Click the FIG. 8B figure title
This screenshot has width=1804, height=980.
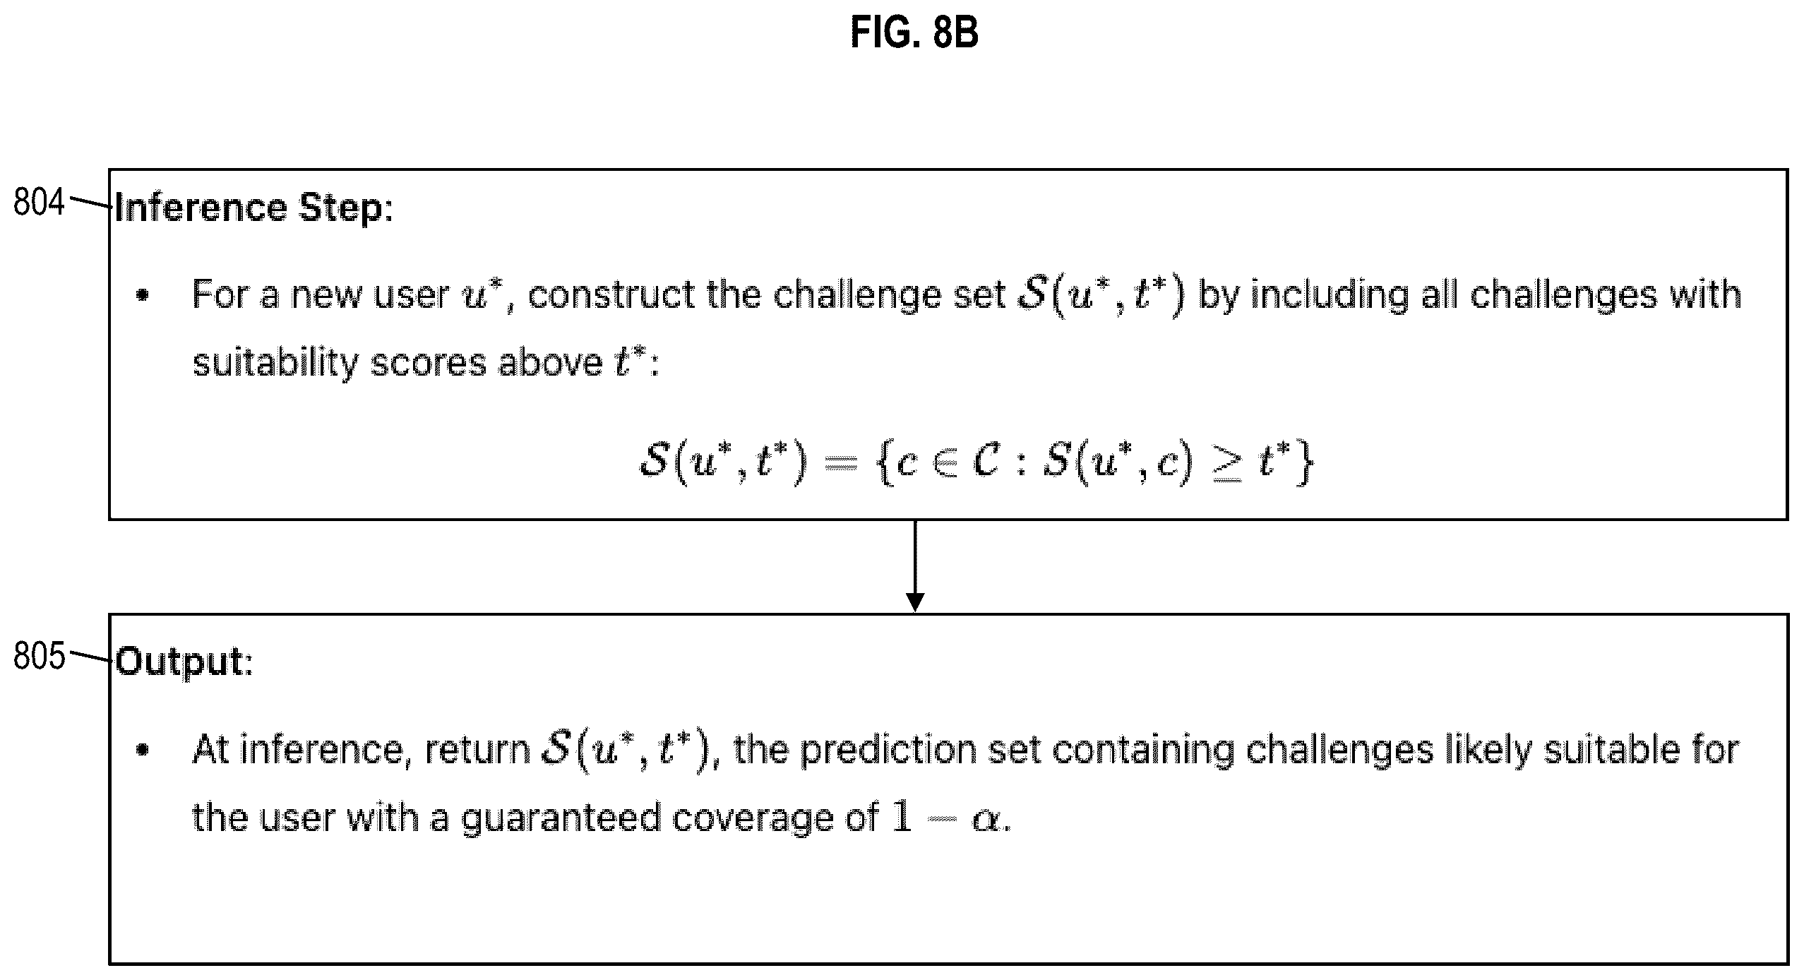point(914,33)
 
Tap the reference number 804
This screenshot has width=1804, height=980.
point(40,203)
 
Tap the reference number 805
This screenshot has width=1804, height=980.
point(40,656)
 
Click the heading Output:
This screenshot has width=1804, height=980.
point(184,662)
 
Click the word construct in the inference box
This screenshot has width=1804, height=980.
point(611,294)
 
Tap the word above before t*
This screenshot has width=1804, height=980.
point(550,363)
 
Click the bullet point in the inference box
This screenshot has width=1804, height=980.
point(143,296)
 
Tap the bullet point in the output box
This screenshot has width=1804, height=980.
point(143,751)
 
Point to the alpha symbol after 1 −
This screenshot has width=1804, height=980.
point(986,821)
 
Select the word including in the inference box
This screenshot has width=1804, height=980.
point(1330,296)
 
